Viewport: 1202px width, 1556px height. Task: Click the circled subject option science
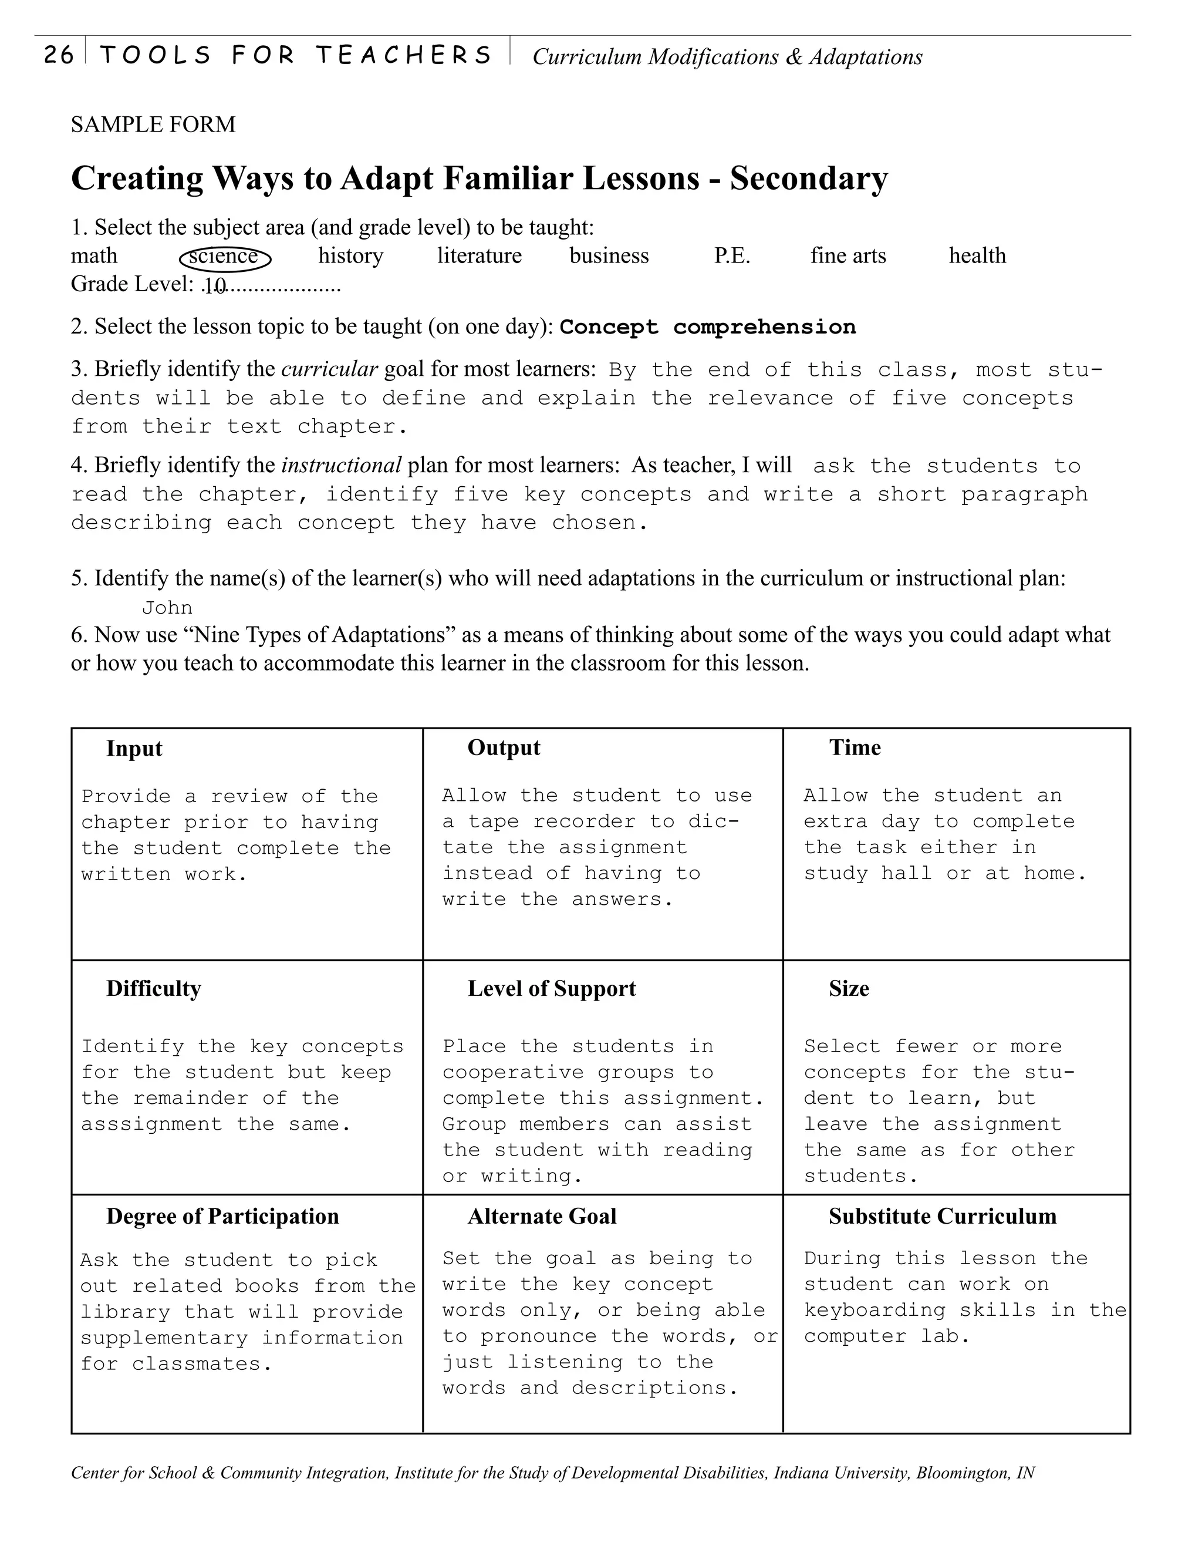[x=224, y=257]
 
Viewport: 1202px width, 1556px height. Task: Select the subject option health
[x=977, y=256]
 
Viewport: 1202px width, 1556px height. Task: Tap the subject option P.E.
[x=732, y=256]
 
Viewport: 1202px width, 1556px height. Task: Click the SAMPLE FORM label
[x=153, y=124]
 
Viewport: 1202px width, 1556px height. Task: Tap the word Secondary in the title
[x=808, y=178]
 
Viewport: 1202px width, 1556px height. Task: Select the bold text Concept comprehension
[x=707, y=327]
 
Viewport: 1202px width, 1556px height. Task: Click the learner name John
[x=167, y=608]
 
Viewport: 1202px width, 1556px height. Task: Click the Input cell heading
[x=134, y=749]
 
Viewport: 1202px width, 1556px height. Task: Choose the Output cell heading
[x=504, y=748]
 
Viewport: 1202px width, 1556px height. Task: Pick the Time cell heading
[x=855, y=748]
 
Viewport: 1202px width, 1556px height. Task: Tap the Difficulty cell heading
[x=153, y=989]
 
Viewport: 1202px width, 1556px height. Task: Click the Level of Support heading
[x=551, y=989]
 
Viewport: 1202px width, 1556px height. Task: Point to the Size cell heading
[x=848, y=989]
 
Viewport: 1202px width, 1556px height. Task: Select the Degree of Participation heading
[x=222, y=1217]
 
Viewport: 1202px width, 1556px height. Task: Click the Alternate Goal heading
[x=541, y=1217]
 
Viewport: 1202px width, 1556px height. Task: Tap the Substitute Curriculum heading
[x=942, y=1217]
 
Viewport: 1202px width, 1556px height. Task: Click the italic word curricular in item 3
[x=329, y=369]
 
